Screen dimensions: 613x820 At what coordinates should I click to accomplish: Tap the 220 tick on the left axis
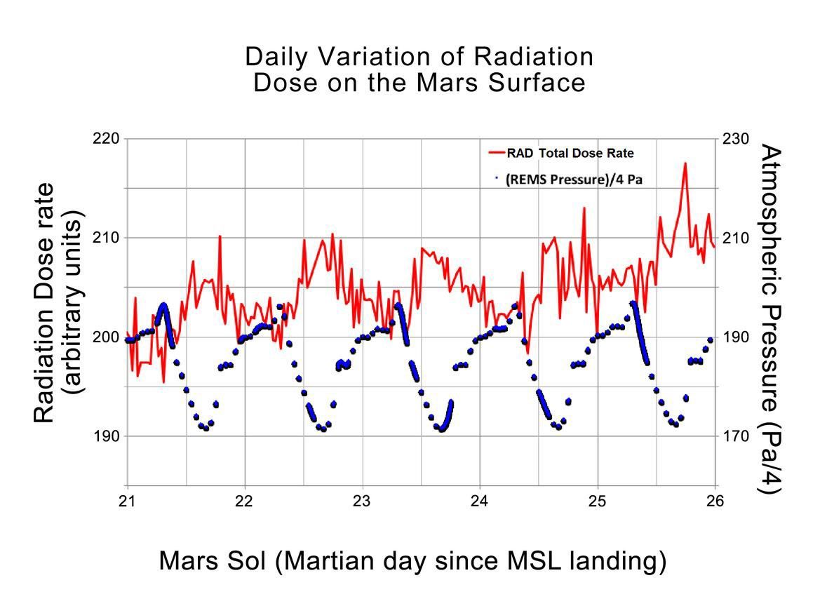(x=106, y=138)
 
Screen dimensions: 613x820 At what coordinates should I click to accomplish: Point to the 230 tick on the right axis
(x=736, y=138)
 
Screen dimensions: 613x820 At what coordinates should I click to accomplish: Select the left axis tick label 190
(x=106, y=436)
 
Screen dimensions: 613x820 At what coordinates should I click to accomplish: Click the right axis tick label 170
(x=736, y=436)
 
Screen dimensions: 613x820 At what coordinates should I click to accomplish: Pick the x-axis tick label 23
(x=362, y=501)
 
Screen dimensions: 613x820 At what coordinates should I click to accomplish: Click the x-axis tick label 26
(x=714, y=501)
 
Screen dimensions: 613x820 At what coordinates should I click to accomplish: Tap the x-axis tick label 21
(x=127, y=501)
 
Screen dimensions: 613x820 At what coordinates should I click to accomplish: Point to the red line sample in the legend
(x=496, y=152)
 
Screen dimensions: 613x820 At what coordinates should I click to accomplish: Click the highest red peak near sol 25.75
(x=685, y=163)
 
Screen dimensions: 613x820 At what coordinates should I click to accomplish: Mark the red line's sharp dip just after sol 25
(x=597, y=330)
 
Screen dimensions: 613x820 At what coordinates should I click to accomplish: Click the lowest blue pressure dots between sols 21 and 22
(x=206, y=428)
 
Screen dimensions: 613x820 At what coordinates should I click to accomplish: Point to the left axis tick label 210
(x=106, y=238)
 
